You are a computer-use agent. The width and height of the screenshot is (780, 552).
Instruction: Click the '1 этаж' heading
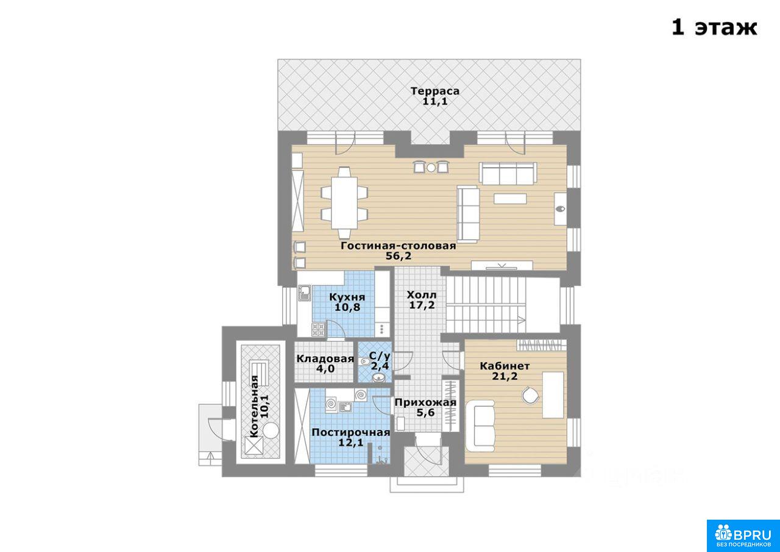click(714, 27)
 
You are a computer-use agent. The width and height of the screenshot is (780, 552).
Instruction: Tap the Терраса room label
click(435, 91)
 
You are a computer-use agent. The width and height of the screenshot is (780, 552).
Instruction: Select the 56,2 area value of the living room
click(399, 256)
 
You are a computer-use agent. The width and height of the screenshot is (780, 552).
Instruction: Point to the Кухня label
click(347, 297)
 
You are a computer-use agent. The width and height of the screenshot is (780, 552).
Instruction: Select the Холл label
click(421, 295)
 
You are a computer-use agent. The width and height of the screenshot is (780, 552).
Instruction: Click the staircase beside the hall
click(486, 304)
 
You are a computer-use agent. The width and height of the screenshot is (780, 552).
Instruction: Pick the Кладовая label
click(325, 359)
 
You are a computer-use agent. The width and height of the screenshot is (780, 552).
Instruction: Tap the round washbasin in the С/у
click(377, 378)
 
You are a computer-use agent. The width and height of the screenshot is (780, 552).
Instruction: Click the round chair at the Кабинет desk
click(530, 395)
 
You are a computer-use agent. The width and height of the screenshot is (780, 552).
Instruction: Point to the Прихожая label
click(425, 403)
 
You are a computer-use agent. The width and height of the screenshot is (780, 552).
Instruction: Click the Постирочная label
click(350, 432)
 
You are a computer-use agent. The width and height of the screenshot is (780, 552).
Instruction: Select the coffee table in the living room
click(510, 199)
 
